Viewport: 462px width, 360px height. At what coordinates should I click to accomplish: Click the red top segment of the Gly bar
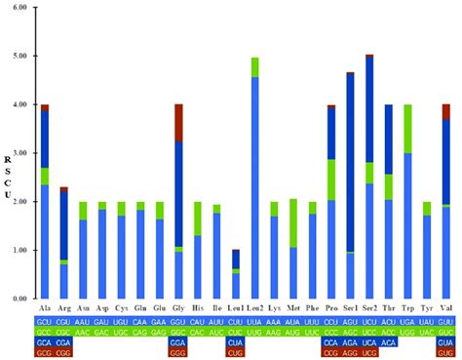pos(178,122)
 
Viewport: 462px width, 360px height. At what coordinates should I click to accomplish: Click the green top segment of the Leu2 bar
pos(255,66)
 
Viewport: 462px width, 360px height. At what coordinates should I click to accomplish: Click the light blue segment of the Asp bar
pos(102,253)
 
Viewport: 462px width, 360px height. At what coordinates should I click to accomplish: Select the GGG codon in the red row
pos(178,353)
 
